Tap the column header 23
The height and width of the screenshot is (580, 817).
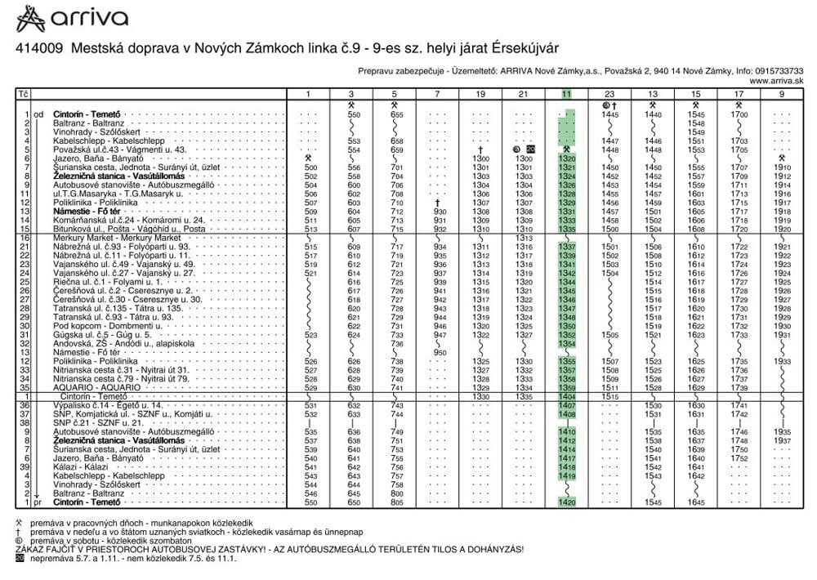(609, 95)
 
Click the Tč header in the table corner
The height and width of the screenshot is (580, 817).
(24, 95)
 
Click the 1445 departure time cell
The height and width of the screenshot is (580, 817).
(609, 114)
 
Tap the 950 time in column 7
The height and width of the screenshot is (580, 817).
(440, 352)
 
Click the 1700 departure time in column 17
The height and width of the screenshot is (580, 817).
(739, 114)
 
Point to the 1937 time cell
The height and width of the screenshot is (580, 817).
(782, 440)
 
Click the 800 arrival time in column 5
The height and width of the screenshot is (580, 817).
(396, 493)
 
